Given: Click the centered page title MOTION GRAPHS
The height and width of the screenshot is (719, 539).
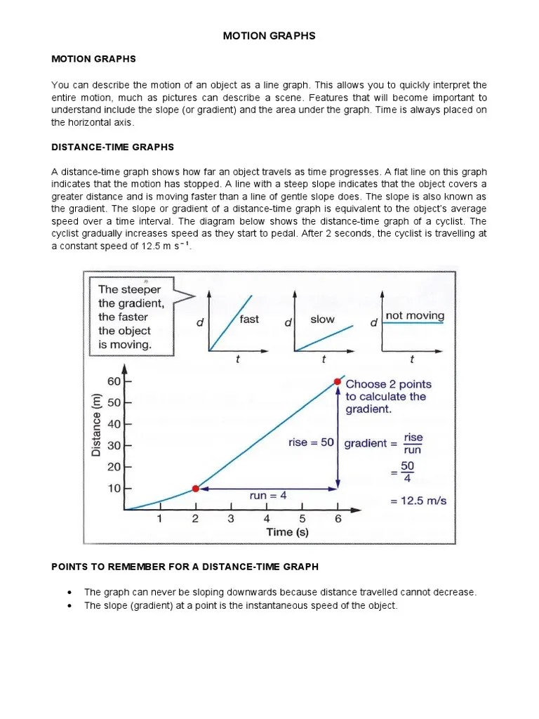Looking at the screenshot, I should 269,36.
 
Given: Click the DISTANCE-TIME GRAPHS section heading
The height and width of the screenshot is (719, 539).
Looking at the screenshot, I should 112,147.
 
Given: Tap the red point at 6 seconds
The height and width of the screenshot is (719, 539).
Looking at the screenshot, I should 338,382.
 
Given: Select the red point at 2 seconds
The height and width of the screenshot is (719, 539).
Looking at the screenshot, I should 196,488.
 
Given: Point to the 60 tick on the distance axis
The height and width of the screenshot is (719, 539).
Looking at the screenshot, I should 113,381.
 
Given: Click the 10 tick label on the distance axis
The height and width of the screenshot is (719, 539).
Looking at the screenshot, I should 113,488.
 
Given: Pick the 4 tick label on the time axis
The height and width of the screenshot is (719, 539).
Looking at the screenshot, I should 267,520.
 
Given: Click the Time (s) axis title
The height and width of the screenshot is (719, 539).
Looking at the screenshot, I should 288,532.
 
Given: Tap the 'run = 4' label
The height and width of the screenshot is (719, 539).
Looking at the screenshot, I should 268,496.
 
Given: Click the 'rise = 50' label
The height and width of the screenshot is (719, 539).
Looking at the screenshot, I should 311,443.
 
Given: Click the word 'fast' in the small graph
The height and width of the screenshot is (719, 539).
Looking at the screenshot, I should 249,319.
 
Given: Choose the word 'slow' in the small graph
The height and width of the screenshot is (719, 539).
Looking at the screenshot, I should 323,319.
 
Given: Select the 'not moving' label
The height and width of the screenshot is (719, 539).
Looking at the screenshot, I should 415,316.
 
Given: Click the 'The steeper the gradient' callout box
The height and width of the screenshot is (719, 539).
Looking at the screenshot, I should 130,317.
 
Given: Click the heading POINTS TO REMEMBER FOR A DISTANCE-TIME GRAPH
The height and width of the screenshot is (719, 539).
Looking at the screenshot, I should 185,567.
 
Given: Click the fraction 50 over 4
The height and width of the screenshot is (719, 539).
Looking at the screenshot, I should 407,472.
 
